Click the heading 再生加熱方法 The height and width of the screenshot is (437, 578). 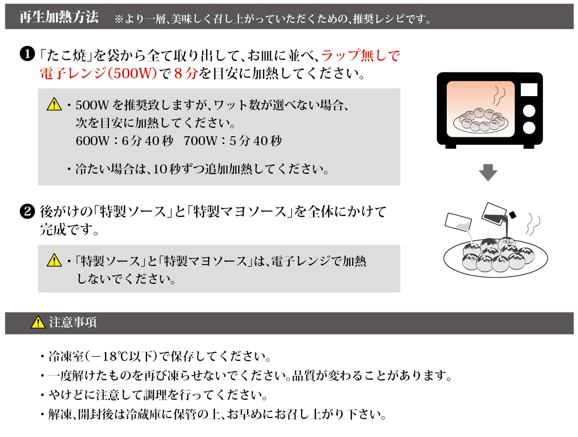point(58,18)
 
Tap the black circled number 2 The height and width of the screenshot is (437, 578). point(26,212)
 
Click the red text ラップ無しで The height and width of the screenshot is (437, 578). point(360,55)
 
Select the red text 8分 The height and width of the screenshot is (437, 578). point(186,74)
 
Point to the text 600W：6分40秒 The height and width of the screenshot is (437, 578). point(124,141)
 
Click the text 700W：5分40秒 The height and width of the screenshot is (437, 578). point(232,141)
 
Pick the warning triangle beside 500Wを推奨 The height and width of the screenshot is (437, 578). point(53,105)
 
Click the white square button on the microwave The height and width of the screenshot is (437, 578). point(528,89)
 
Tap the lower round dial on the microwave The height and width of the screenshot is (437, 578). point(529,127)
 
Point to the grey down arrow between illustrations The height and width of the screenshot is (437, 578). point(488,172)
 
